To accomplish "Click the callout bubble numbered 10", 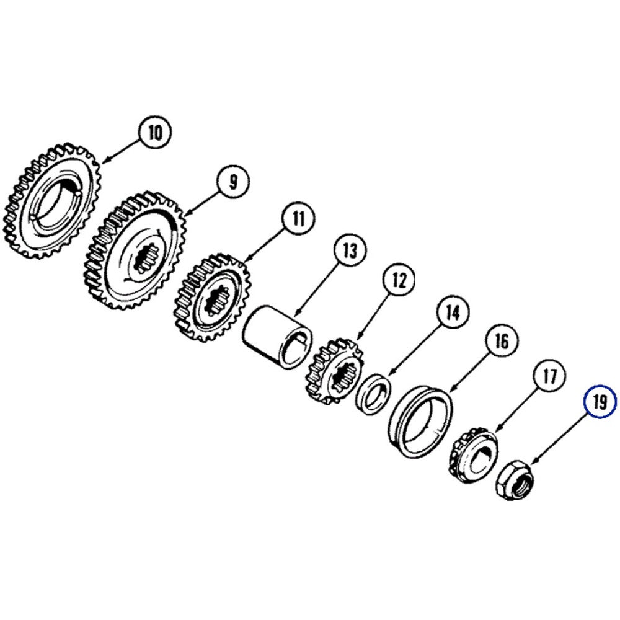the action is pyautogui.click(x=155, y=132).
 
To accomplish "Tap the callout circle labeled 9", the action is pyautogui.click(x=233, y=182).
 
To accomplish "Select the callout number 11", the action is pyautogui.click(x=299, y=218).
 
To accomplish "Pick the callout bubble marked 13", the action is pyautogui.click(x=350, y=250).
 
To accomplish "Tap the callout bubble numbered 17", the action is pyautogui.click(x=549, y=376).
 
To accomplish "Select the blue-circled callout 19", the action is pyautogui.click(x=600, y=402).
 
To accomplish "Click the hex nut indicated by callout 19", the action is pyautogui.click(x=515, y=480).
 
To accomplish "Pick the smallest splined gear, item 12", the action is pyautogui.click(x=335, y=371).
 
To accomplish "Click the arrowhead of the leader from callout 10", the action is pyautogui.click(x=104, y=161).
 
